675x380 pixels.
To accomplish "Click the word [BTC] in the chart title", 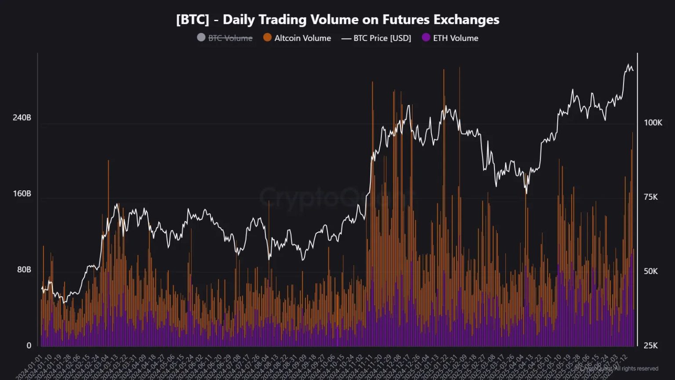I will click(x=192, y=20).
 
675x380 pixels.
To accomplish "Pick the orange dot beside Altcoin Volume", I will click(x=267, y=37).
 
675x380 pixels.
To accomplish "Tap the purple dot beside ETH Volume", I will click(x=426, y=37).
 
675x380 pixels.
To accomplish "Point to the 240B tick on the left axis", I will click(x=22, y=118).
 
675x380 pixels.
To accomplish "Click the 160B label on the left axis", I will click(x=22, y=194).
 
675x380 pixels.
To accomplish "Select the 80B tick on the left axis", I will click(x=24, y=270).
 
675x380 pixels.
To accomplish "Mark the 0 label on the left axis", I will click(x=29, y=346).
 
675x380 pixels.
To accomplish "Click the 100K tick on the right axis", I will click(x=653, y=123).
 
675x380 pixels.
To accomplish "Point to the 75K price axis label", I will click(x=650, y=197).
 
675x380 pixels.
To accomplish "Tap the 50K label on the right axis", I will click(x=650, y=271).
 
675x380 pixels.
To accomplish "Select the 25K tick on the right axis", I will click(x=650, y=346).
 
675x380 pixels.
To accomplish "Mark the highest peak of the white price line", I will click(x=628, y=65).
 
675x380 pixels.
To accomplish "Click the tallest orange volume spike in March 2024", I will click(x=108, y=162).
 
